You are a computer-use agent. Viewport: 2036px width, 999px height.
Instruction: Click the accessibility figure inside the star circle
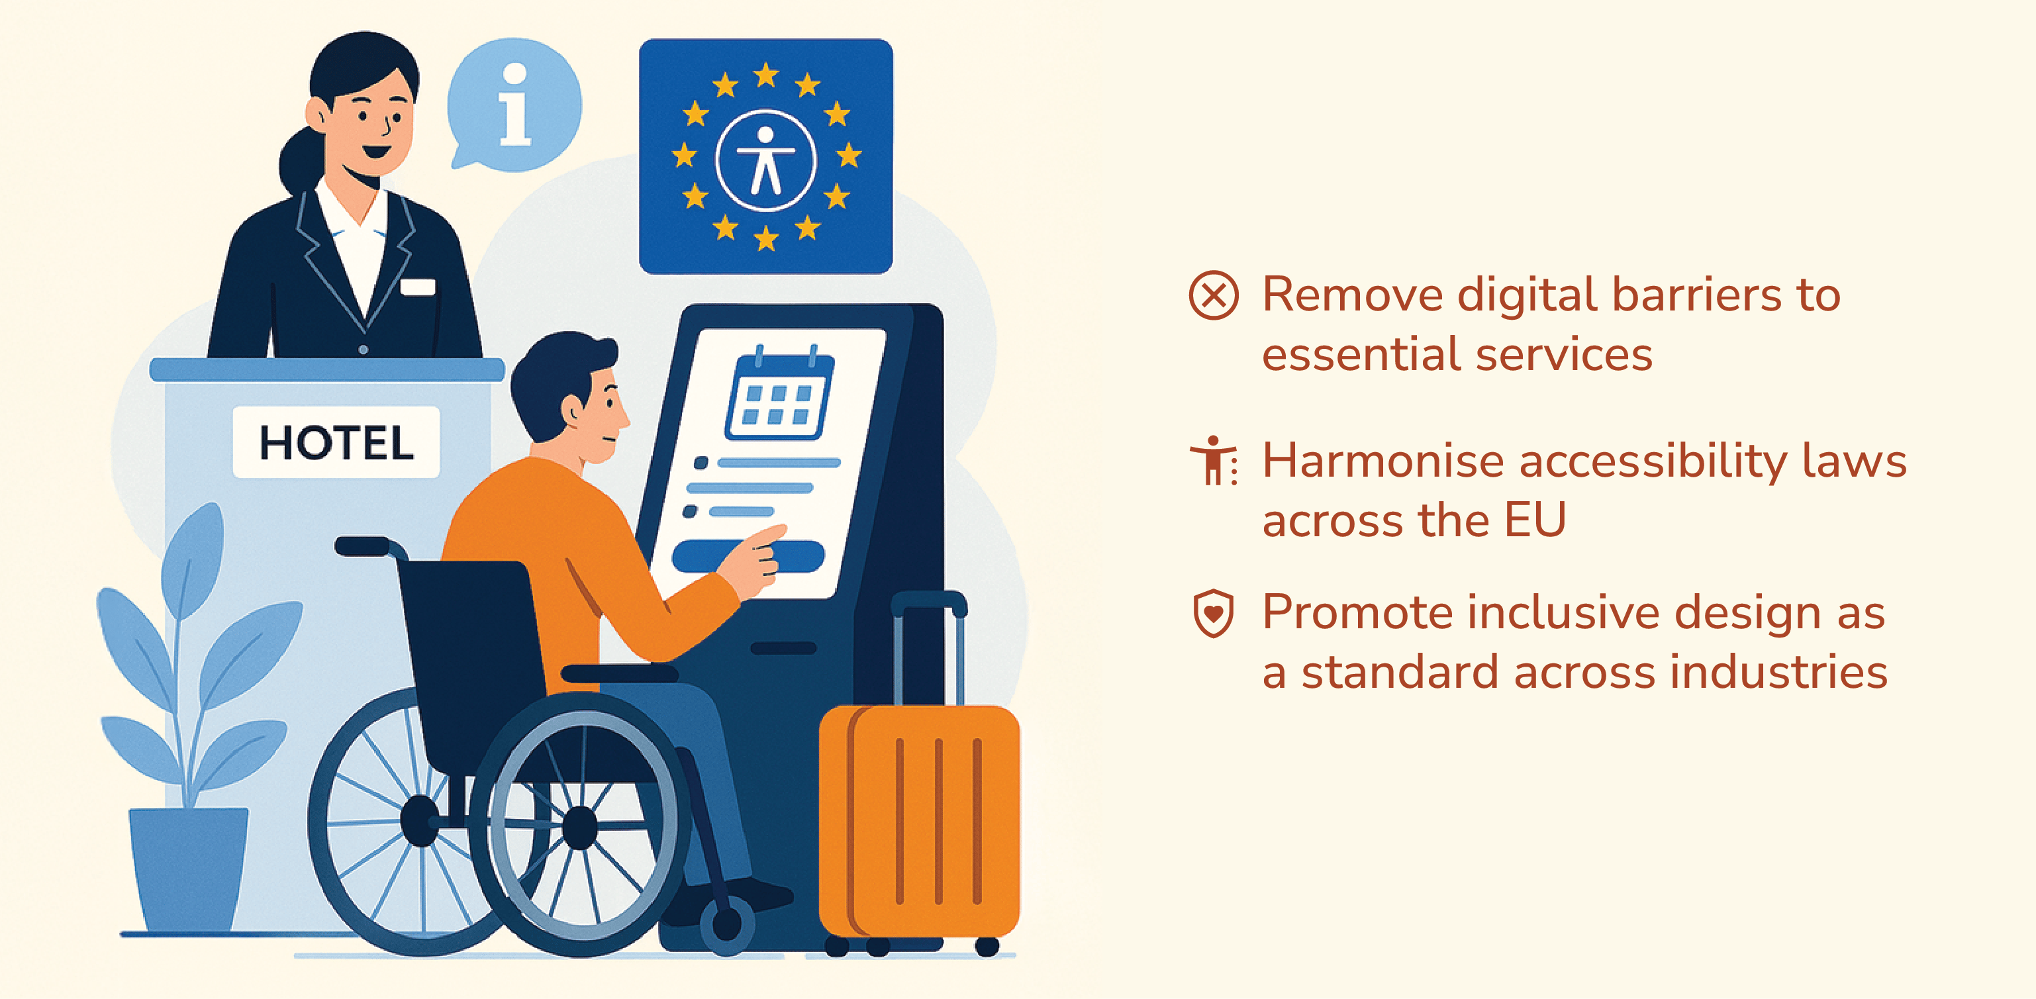pyautogui.click(x=765, y=160)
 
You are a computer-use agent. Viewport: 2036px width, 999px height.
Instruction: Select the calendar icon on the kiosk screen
pyautogui.click(x=779, y=393)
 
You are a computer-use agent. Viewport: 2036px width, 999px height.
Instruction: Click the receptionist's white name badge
pyautogui.click(x=417, y=287)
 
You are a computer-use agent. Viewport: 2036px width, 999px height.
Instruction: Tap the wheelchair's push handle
pyautogui.click(x=363, y=546)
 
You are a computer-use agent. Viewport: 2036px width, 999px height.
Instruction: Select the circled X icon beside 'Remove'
pyautogui.click(x=1213, y=295)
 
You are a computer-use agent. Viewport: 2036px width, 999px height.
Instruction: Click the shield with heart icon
pyautogui.click(x=1213, y=612)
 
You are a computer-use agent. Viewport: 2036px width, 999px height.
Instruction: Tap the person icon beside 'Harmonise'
pyautogui.click(x=1213, y=460)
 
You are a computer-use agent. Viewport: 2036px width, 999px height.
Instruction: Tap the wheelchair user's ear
pyautogui.click(x=571, y=409)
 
